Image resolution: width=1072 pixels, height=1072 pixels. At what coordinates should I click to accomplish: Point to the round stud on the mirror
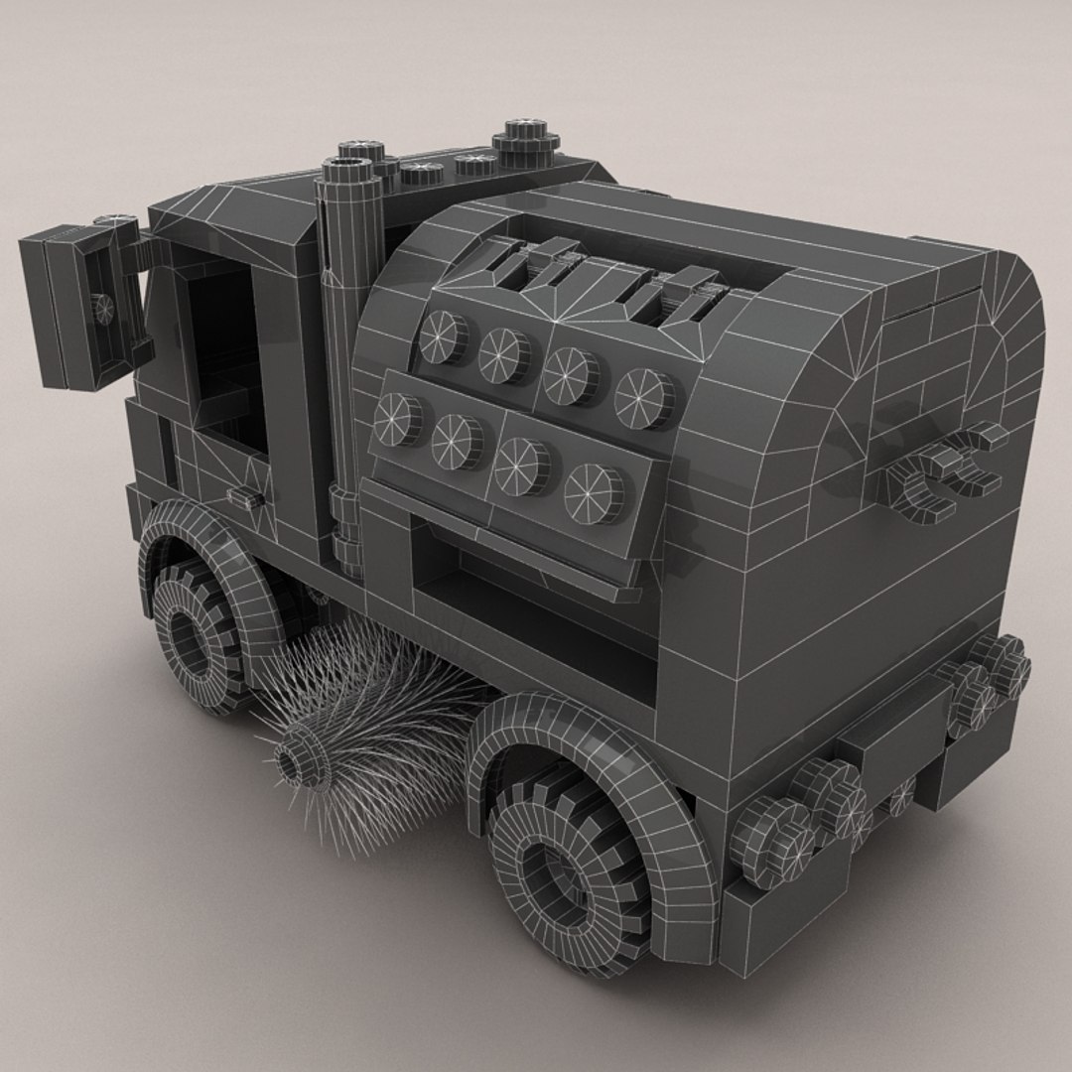(100, 308)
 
